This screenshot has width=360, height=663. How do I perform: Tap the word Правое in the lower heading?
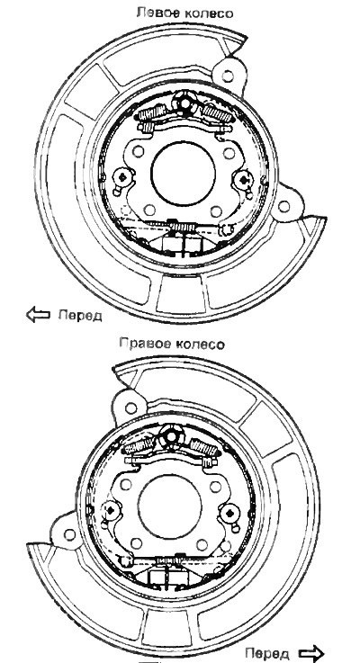tap(142, 344)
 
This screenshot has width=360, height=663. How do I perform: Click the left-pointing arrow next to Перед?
tap(38, 315)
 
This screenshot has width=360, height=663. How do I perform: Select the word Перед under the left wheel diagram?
tap(80, 315)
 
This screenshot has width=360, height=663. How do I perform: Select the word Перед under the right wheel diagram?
tap(267, 653)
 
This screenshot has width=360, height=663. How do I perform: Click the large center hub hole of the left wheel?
tap(184, 173)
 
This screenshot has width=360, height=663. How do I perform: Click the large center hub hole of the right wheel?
tap(169, 506)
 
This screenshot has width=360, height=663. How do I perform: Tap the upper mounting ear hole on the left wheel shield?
tap(228, 76)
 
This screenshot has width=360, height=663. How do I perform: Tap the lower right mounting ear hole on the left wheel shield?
tap(283, 207)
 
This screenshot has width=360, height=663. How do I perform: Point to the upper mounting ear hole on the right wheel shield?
tap(131, 408)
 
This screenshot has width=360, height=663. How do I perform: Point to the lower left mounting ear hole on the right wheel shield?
tap(70, 534)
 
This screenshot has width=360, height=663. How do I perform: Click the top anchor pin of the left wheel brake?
tap(184, 103)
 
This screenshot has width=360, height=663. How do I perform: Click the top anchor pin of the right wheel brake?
tap(171, 437)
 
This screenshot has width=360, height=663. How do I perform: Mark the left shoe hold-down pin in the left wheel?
tap(122, 178)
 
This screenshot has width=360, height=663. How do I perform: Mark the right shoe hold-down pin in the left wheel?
tap(243, 181)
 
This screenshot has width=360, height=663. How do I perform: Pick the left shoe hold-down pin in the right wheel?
tap(111, 510)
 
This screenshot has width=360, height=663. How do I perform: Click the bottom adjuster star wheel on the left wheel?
tap(183, 228)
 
